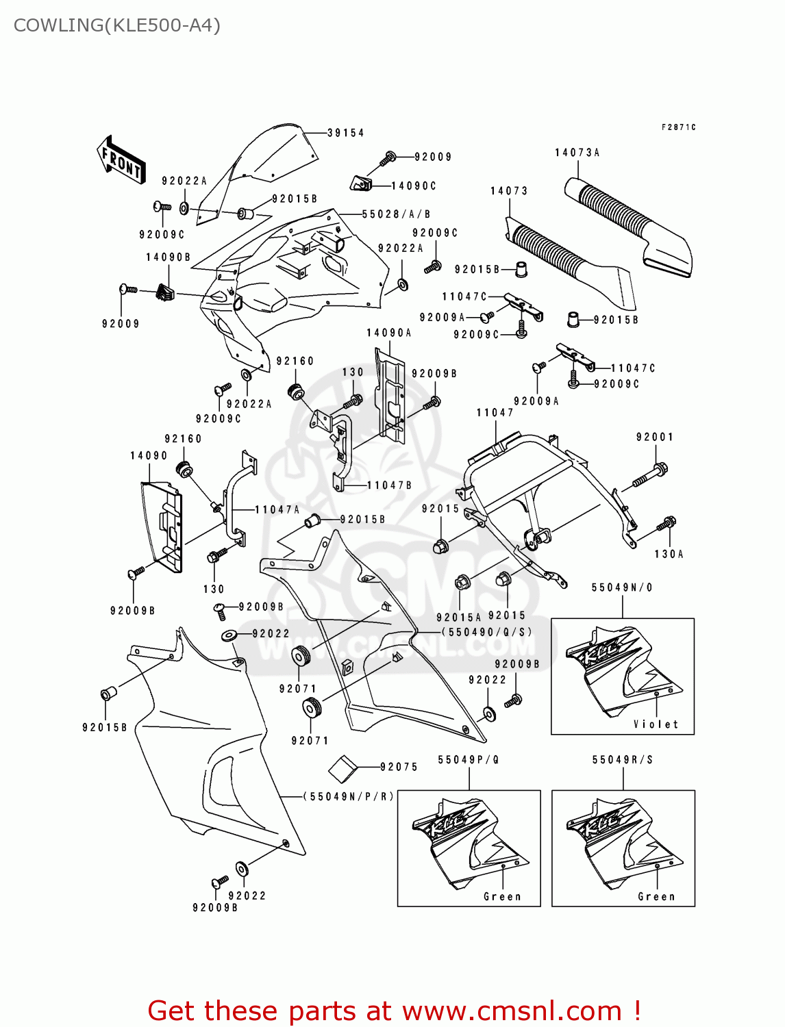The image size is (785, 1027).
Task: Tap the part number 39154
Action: [x=345, y=133]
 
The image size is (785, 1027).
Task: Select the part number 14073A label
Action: [x=577, y=153]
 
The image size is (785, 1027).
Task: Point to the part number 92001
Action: [x=655, y=437]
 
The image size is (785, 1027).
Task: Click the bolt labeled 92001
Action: [x=650, y=475]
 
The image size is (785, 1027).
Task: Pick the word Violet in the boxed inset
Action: [x=656, y=724]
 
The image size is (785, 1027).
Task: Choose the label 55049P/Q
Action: [x=469, y=759]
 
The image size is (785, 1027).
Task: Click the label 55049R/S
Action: [x=623, y=759]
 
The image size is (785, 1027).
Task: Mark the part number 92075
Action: [x=399, y=767]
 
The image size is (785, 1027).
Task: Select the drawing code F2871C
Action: [x=678, y=127]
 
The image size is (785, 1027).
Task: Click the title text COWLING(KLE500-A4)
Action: [x=117, y=25]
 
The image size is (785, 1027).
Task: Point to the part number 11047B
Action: [x=389, y=485]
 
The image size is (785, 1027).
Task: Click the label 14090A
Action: [x=389, y=333]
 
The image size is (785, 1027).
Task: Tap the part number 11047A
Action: [x=277, y=509]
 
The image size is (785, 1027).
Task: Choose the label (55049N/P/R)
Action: [x=349, y=796]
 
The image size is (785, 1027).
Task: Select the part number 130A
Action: [x=669, y=554]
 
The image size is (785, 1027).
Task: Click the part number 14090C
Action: [x=414, y=186]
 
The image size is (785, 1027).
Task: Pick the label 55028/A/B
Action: [x=396, y=214]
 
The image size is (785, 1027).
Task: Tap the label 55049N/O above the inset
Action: [x=622, y=587]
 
